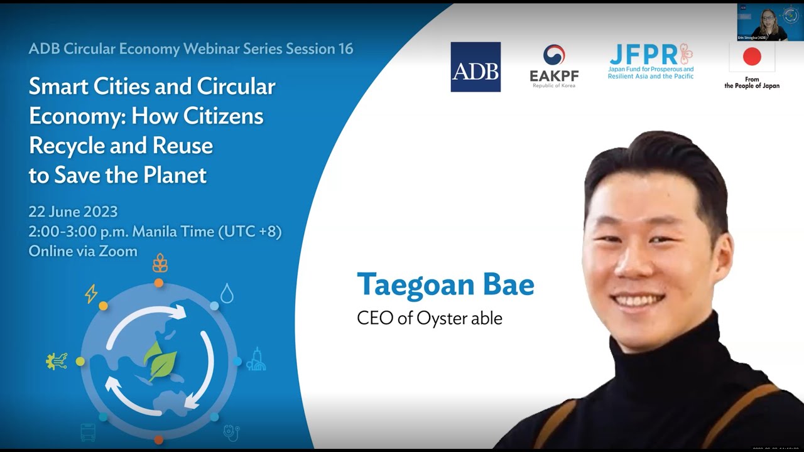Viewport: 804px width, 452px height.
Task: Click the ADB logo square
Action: tap(475, 67)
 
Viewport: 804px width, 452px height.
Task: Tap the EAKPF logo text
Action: tap(554, 75)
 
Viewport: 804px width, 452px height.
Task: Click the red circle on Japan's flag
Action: tap(752, 57)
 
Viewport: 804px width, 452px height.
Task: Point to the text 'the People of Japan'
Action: tap(752, 86)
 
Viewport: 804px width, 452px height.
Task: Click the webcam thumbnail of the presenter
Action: tap(770, 23)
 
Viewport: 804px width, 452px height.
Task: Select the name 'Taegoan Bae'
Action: tap(445, 285)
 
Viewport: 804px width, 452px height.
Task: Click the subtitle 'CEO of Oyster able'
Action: tap(430, 318)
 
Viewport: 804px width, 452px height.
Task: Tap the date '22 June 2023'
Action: tap(73, 212)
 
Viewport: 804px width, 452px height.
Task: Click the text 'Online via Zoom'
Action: tap(83, 251)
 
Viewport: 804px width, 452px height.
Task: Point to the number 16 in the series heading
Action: tap(344, 49)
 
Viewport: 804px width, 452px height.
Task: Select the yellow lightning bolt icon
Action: tap(91, 294)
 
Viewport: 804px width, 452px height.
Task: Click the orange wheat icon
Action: tap(160, 262)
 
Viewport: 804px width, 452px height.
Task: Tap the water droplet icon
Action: tap(227, 293)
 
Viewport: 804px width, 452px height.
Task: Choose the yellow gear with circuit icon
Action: tap(57, 361)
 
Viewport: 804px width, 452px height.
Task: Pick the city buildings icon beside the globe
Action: tap(256, 359)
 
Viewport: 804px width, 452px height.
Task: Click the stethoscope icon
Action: tap(231, 433)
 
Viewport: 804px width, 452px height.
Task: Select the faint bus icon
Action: tap(88, 432)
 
